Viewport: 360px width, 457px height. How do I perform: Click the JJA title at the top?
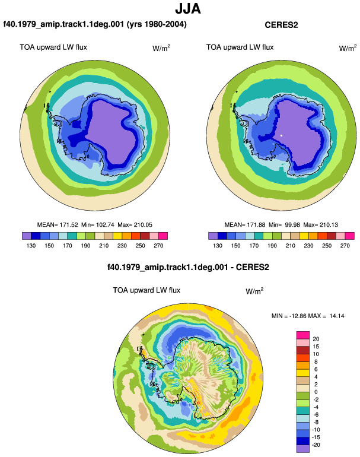pos(188,9)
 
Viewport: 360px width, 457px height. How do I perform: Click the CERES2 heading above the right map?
pos(281,25)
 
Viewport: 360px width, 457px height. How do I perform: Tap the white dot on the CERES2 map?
pos(281,135)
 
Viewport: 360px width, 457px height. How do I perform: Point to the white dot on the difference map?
pos(189,378)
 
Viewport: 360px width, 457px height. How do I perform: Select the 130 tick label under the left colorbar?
pos(31,246)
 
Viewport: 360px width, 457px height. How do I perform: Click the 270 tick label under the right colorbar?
pos(345,246)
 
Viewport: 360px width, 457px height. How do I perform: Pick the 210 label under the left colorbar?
pos(104,246)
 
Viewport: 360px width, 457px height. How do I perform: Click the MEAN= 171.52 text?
pos(58,225)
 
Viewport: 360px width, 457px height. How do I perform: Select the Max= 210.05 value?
pos(135,225)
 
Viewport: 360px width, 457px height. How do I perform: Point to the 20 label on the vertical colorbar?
pos(316,339)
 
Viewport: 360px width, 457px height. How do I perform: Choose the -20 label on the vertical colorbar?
pos(316,445)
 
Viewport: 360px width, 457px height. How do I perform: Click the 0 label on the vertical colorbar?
pos(316,392)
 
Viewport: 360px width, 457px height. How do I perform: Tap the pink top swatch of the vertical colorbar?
pos(303,335)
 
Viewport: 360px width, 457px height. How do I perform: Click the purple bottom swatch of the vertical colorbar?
pos(303,449)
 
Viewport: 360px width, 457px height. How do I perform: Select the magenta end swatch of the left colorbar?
pos(163,236)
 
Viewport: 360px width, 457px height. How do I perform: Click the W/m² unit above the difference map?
pos(254,291)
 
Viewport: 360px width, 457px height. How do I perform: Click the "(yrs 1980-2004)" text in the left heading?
pos(157,24)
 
